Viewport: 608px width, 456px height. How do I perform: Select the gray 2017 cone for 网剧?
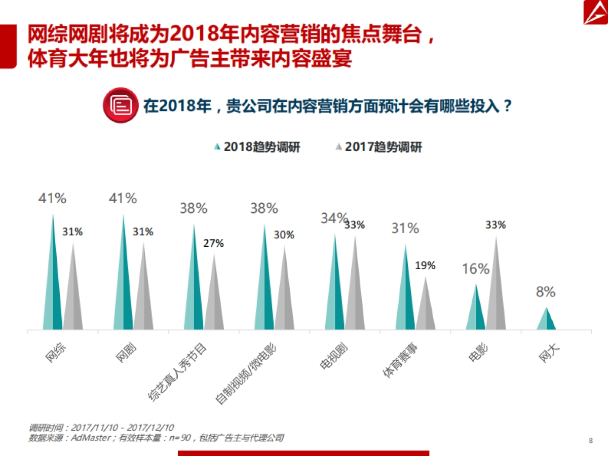pyautogui.click(x=143, y=299)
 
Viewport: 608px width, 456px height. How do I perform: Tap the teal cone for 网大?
pyautogui.click(x=546, y=322)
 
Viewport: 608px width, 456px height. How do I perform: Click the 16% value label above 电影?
pyautogui.click(x=476, y=269)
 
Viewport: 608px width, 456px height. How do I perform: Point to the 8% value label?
pyautogui.click(x=546, y=292)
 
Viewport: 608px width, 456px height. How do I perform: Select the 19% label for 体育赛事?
pyautogui.click(x=425, y=265)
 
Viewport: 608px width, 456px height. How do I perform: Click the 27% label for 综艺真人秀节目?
pyautogui.click(x=213, y=243)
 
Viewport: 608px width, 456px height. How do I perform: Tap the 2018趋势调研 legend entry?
pyautogui.click(x=257, y=147)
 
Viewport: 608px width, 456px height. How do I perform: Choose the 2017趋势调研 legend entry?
pyautogui.click(x=378, y=147)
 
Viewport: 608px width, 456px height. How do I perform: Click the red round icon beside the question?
pyautogui.click(x=120, y=105)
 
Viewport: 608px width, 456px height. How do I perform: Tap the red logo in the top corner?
pyautogui.click(x=592, y=12)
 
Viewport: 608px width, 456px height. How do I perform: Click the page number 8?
pyautogui.click(x=590, y=440)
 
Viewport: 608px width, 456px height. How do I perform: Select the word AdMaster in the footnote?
pyautogui.click(x=90, y=438)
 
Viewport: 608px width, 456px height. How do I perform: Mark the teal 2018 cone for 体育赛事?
pyautogui.click(x=405, y=299)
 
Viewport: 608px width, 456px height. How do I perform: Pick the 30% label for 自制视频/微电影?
pyautogui.click(x=284, y=235)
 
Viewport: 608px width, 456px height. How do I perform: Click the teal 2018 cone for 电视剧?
pyautogui.click(x=335, y=294)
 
